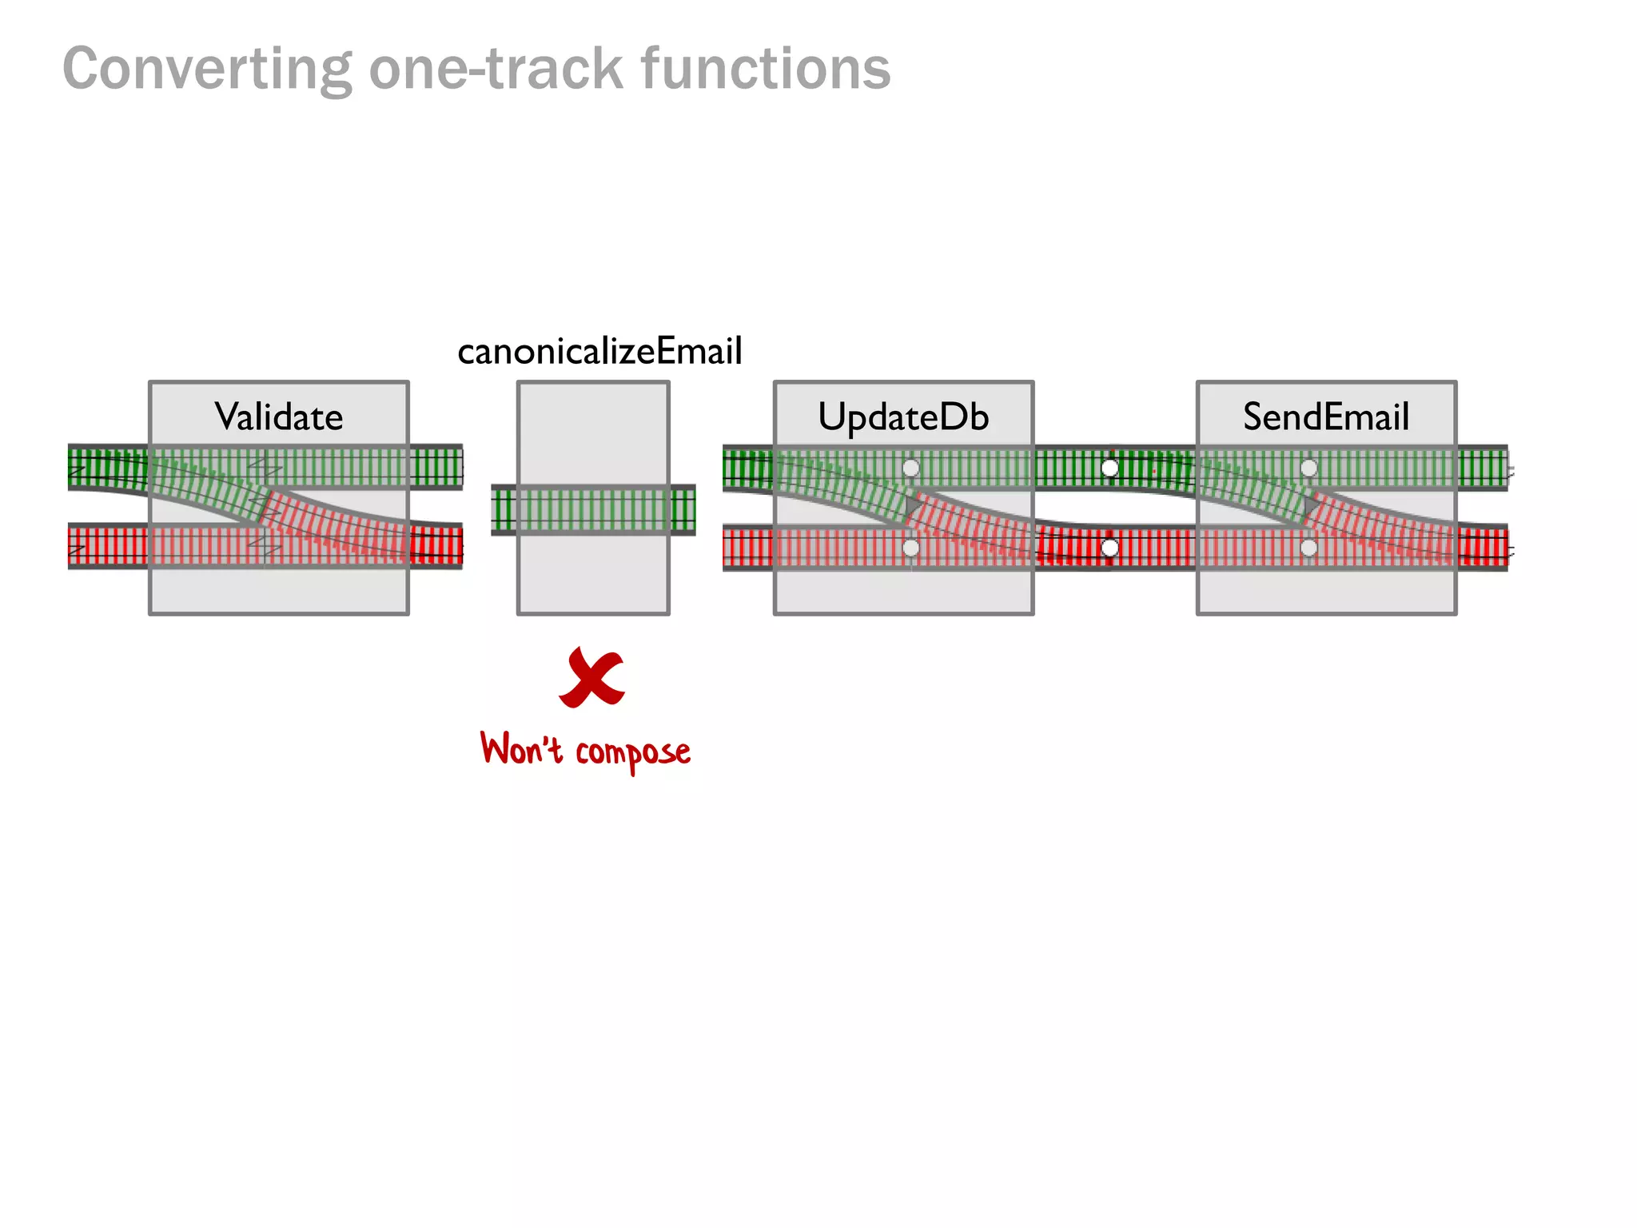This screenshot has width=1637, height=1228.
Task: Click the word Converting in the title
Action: (207, 70)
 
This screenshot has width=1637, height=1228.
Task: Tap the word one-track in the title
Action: (496, 70)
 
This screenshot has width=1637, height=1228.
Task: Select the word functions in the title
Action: (766, 70)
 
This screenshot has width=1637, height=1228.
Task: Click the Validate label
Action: (279, 417)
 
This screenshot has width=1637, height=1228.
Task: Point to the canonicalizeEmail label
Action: (599, 352)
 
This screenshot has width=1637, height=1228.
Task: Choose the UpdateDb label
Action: (903, 417)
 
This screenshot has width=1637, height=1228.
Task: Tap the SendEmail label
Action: (1326, 417)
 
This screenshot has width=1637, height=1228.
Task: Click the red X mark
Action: (592, 678)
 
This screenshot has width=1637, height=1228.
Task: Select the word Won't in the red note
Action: (521, 749)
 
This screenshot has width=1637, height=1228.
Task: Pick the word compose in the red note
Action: (633, 752)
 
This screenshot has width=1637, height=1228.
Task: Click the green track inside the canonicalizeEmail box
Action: (593, 509)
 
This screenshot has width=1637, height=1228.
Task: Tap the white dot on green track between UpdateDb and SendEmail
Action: (1109, 468)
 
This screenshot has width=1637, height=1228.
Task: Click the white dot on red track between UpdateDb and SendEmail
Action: (1109, 548)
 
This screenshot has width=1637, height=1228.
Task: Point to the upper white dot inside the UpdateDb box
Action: (910, 468)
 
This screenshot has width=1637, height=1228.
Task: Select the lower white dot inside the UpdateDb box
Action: (910, 548)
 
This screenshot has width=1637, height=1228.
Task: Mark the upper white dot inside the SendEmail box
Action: (1308, 468)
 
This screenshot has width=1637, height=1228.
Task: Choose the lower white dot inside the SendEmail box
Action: (1308, 548)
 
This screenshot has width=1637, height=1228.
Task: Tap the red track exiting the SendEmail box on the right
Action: (1483, 548)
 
